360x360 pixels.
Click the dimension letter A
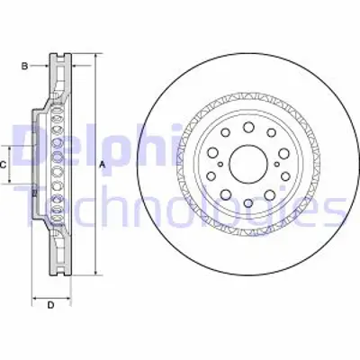click(x=102, y=164)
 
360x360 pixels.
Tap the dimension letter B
click(x=26, y=65)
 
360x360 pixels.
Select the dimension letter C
click(x=4, y=165)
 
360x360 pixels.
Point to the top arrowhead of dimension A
click(x=93, y=57)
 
